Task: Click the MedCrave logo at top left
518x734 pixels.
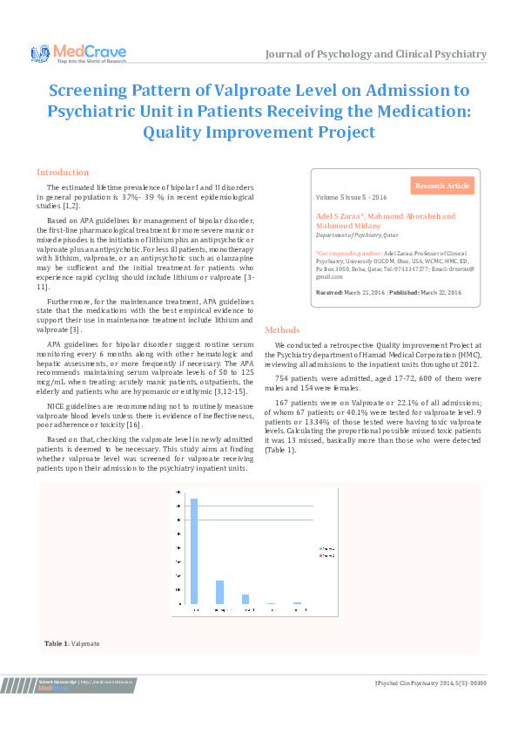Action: tap(78, 53)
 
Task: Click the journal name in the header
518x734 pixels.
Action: tap(376, 54)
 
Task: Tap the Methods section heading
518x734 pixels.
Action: tap(282, 330)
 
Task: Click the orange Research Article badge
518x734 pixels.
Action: tap(442, 186)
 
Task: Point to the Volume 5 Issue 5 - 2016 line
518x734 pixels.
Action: tap(350, 199)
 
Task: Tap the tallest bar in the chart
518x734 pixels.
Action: tap(194, 551)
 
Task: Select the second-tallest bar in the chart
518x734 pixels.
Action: tap(219, 592)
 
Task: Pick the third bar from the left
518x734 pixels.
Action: tap(246, 599)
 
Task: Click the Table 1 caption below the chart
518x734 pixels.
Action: tap(72, 643)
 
